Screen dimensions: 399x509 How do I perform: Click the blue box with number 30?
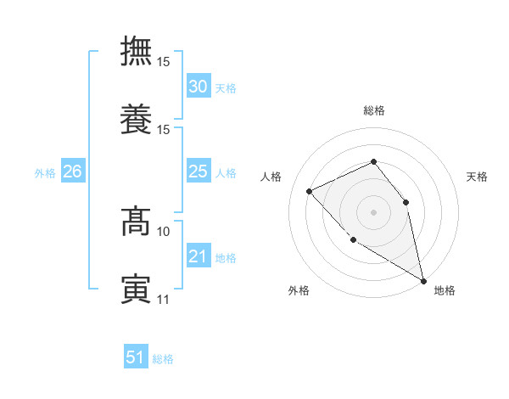click(x=198, y=87)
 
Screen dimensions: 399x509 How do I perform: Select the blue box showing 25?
click(x=198, y=171)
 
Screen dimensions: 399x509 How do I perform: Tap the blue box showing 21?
click(x=198, y=256)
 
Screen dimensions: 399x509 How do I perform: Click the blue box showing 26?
click(x=72, y=171)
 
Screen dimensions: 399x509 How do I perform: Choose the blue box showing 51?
click(x=136, y=357)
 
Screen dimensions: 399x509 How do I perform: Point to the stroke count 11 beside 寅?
click(x=164, y=299)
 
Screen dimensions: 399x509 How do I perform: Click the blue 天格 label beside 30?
click(x=225, y=88)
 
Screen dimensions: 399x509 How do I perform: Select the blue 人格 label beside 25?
click(x=225, y=173)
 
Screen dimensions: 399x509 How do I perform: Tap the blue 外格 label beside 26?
click(x=45, y=173)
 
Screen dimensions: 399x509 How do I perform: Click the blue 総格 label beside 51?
click(x=163, y=359)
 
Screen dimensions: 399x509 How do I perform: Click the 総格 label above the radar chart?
click(x=373, y=111)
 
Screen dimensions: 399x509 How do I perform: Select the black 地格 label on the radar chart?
click(x=445, y=290)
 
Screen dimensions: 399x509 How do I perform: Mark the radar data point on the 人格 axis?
click(x=310, y=191)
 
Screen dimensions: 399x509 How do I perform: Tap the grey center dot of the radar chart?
click(x=373, y=211)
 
